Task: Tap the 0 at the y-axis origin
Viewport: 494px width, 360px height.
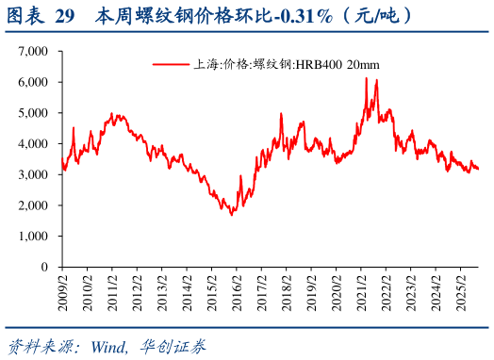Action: pos(47,268)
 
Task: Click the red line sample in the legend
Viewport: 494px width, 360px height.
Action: pos(171,65)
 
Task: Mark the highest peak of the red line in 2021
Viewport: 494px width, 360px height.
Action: pos(366,78)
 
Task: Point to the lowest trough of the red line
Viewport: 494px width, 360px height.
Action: pos(232,215)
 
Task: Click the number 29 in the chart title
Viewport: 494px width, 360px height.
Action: pos(65,16)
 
